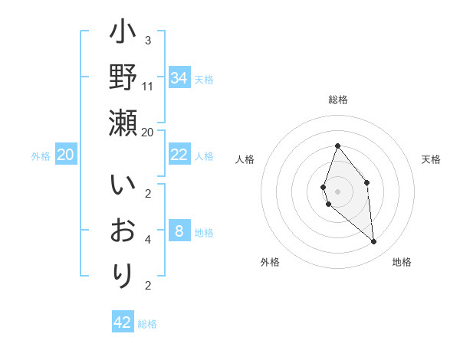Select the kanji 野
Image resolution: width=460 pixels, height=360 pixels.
point(123,79)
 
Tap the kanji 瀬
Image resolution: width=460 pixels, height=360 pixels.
point(123,123)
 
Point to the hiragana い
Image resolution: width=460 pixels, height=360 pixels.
point(123,187)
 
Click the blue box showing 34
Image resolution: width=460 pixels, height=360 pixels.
point(179,78)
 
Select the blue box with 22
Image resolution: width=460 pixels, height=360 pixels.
point(179,155)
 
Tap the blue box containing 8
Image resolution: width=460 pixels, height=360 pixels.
point(179,231)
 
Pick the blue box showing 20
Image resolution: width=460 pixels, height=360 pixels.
point(66,155)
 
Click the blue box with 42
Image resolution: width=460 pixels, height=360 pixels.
point(123,322)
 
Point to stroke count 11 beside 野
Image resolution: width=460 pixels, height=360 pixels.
point(148,86)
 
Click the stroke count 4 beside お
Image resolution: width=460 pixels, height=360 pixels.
point(148,240)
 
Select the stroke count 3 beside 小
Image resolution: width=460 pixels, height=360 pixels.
point(148,40)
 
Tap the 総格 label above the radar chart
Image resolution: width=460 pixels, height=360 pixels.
point(337,100)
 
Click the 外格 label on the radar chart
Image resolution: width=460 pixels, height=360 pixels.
point(270,262)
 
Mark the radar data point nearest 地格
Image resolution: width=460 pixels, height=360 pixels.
point(374,242)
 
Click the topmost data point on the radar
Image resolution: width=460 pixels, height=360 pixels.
point(337,146)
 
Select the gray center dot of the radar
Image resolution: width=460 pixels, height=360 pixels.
point(337,191)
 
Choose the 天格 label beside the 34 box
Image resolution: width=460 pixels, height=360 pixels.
point(204,79)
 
